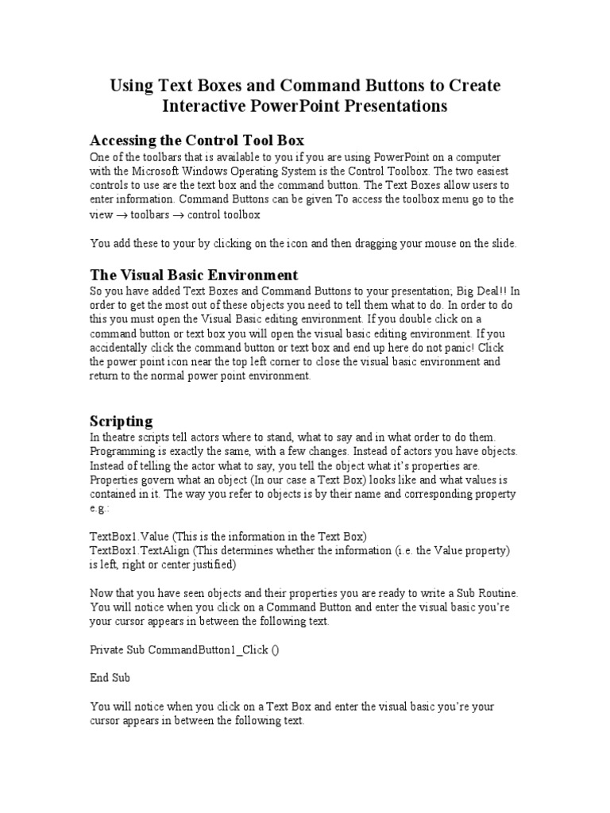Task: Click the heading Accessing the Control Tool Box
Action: coord(197,141)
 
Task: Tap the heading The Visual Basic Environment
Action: coord(194,275)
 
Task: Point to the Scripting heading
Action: coord(121,420)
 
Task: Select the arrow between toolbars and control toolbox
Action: coord(181,214)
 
